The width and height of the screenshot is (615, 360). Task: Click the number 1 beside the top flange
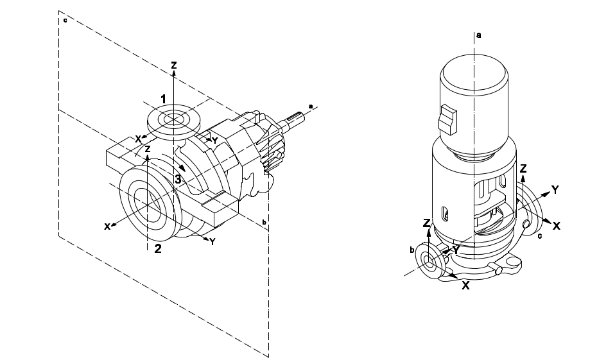click(x=163, y=99)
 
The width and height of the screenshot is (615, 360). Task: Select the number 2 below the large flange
click(x=158, y=248)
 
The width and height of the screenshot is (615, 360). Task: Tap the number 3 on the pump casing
click(x=178, y=180)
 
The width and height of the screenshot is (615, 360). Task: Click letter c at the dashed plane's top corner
click(x=65, y=20)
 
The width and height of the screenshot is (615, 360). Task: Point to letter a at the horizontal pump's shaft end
click(x=311, y=106)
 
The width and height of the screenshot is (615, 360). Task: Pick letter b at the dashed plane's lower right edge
click(x=264, y=222)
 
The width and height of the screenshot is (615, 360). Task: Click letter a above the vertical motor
click(x=478, y=35)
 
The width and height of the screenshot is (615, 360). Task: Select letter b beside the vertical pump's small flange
click(x=412, y=250)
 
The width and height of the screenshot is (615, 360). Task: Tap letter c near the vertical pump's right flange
click(x=540, y=236)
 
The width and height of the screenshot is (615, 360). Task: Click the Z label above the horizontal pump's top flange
click(x=174, y=65)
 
